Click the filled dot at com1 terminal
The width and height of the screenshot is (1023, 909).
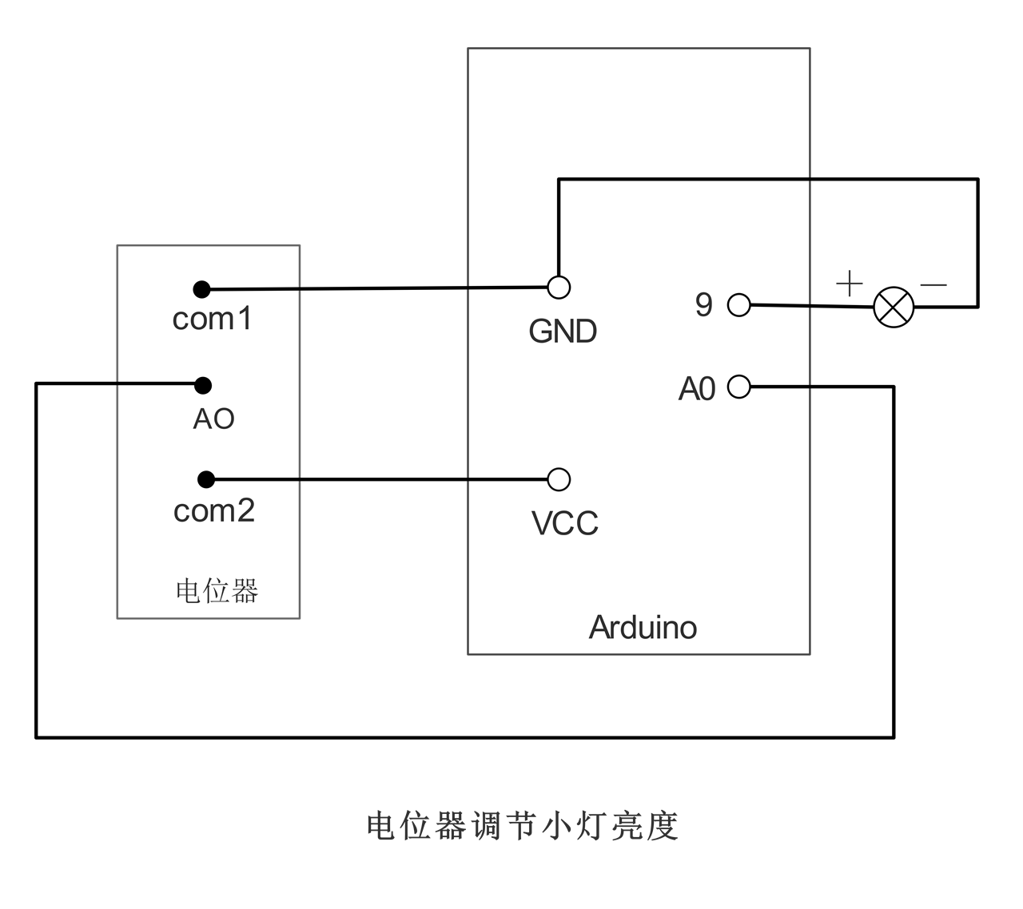[201, 289]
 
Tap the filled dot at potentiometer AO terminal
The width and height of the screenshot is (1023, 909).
[203, 385]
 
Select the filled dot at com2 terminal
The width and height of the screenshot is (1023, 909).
[206, 479]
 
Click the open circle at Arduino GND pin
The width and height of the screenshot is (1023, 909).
[559, 287]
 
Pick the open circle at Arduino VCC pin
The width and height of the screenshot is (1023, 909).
[559, 479]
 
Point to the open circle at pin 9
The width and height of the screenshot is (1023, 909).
[739, 304]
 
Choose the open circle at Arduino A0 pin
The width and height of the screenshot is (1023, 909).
[739, 387]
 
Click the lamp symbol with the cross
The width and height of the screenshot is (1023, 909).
[894, 307]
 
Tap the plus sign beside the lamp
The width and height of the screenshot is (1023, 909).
[850, 284]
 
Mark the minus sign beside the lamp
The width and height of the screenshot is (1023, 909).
[933, 284]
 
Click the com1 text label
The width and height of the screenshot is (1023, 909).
[213, 319]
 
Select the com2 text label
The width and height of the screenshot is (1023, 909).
[214, 510]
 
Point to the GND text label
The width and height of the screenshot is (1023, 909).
[563, 331]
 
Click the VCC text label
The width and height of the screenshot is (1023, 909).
[564, 523]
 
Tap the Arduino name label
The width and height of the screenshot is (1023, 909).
[643, 627]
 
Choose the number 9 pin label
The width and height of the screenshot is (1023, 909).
[703, 304]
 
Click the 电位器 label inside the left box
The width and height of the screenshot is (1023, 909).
[217, 591]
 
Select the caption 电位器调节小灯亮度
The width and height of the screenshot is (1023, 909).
[523, 826]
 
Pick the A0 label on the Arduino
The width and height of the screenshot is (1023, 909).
[697, 389]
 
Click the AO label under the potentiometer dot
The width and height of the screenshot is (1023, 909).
[213, 419]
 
